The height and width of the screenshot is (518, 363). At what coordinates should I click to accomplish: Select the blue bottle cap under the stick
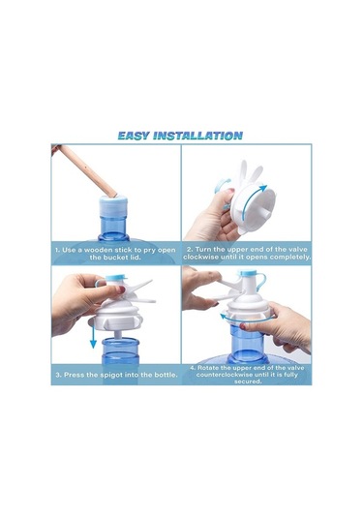[113, 205]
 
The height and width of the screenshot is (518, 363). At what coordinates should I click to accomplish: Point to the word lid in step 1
[136, 257]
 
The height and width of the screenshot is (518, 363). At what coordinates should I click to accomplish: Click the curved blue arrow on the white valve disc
[254, 202]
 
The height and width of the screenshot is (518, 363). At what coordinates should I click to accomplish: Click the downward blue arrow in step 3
[93, 336]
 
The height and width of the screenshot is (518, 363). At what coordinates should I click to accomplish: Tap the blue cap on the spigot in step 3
[116, 277]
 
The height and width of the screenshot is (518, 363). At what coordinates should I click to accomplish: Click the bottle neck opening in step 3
[120, 341]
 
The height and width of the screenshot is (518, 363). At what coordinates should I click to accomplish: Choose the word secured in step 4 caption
[248, 381]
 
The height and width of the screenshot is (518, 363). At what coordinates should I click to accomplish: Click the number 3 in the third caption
[58, 375]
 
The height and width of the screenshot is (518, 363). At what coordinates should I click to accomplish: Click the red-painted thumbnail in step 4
[243, 326]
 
